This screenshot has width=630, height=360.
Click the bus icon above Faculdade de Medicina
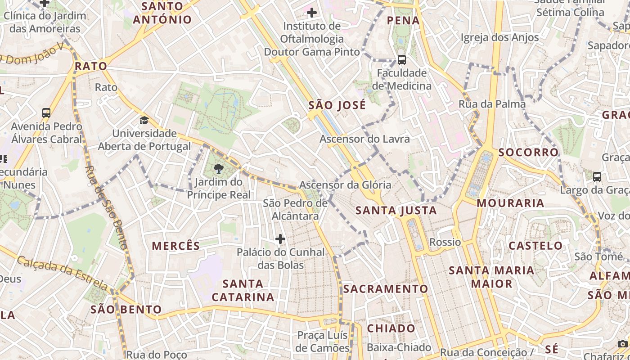coord(401,59)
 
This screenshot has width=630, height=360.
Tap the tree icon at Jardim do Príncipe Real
coord(219,169)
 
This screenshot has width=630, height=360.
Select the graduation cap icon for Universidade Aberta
coord(144,120)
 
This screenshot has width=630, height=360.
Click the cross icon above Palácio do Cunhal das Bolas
coord(280,238)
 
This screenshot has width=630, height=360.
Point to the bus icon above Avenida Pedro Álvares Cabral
coord(46,113)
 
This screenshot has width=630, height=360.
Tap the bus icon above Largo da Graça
coord(597,177)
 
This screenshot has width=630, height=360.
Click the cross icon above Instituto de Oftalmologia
coord(311,13)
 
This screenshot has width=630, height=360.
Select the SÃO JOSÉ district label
coord(337,106)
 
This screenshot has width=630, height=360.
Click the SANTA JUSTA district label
coord(396,210)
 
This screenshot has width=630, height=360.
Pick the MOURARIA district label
coord(510,203)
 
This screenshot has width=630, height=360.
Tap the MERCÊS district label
coord(175,246)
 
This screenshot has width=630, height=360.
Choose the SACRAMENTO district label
coord(386,289)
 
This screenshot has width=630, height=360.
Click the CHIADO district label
coord(391,328)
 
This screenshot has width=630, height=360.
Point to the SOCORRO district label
coord(528,153)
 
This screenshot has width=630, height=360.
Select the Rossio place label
coord(445,242)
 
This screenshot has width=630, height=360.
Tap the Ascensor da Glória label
coord(345,185)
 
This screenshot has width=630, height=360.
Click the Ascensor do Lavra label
coord(364,139)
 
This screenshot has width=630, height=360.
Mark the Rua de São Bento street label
coord(107,207)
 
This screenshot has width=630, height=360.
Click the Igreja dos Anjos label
coord(499,37)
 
